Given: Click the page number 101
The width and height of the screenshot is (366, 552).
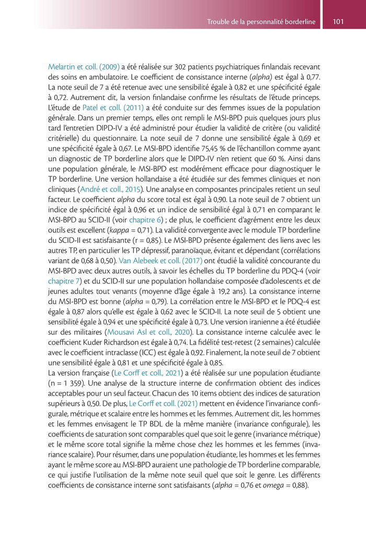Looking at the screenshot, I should pyautogui.click(x=337, y=22).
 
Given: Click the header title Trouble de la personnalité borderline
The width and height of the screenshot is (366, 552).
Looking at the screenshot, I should pyautogui.click(x=261, y=22).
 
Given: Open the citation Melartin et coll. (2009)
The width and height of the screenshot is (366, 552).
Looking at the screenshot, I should pyautogui.click(x=84, y=67).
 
